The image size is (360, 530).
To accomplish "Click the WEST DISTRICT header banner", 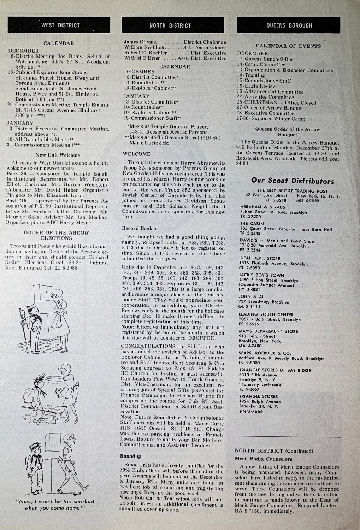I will (x=60, y=25).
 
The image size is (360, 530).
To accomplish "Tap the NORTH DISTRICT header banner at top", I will (x=170, y=25).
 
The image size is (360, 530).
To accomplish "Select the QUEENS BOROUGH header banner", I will (x=289, y=25).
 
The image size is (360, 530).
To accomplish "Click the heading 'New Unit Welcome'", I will (x=58, y=155).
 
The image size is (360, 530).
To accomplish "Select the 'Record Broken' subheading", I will (x=140, y=229).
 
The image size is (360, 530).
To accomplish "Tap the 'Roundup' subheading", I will (x=131, y=456).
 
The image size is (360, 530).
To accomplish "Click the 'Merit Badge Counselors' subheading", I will (x=264, y=459).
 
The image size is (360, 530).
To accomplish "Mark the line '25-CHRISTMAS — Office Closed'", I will (x=276, y=102).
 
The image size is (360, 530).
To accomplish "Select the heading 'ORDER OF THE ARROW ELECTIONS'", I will (x=57, y=235).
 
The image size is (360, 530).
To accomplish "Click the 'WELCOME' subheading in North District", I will (x=137, y=154).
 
